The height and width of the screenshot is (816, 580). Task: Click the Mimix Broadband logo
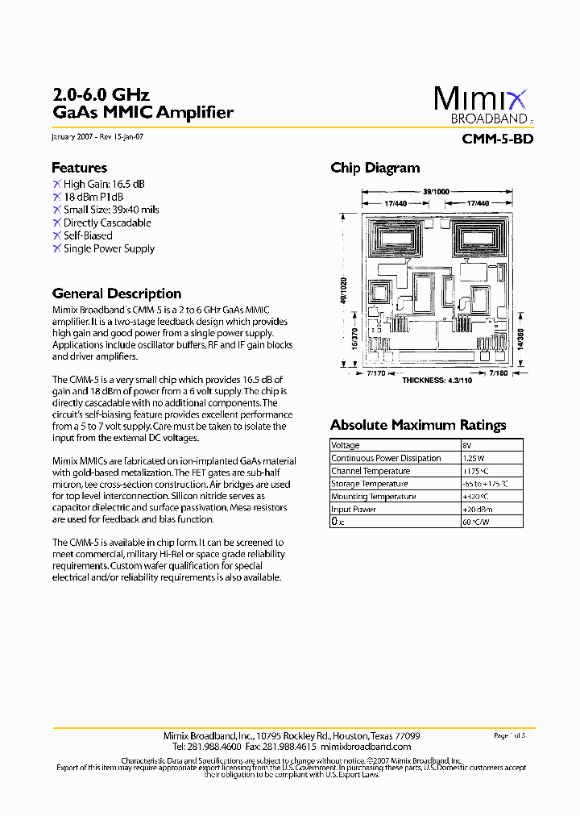tap(482, 105)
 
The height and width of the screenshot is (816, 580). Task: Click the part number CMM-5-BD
tap(497, 139)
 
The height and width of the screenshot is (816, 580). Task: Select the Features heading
tap(79, 168)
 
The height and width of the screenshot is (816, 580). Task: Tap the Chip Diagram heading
tap(375, 168)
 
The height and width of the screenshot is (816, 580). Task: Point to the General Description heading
tap(116, 294)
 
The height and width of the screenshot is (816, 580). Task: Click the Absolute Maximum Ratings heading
tap(418, 425)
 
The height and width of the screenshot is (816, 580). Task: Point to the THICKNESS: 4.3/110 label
tap(437, 380)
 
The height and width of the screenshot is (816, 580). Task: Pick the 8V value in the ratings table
tap(467, 445)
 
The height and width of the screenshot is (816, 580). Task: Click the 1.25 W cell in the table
tap(475, 458)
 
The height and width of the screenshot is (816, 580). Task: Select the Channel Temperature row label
tap(371, 471)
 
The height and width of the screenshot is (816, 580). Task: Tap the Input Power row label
tap(354, 510)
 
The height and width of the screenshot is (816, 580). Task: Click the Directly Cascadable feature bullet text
tap(107, 223)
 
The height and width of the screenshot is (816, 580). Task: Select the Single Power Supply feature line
tap(109, 248)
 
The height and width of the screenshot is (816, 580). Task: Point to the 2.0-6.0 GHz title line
tap(101, 95)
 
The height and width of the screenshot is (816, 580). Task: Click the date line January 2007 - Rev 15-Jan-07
tap(97, 137)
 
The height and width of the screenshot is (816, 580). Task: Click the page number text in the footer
tap(508, 735)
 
